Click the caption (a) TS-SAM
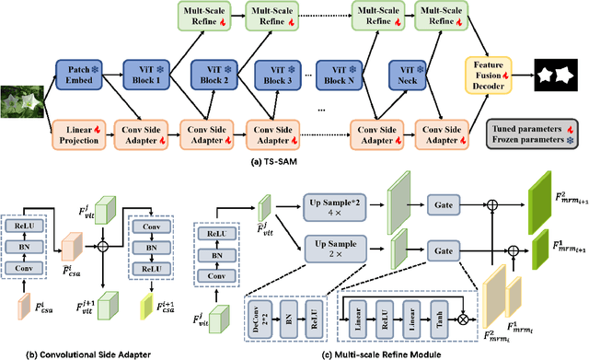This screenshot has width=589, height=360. [x=253, y=162]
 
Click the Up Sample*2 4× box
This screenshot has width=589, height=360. [x=333, y=207]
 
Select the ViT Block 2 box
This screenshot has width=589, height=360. [x=213, y=74]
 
